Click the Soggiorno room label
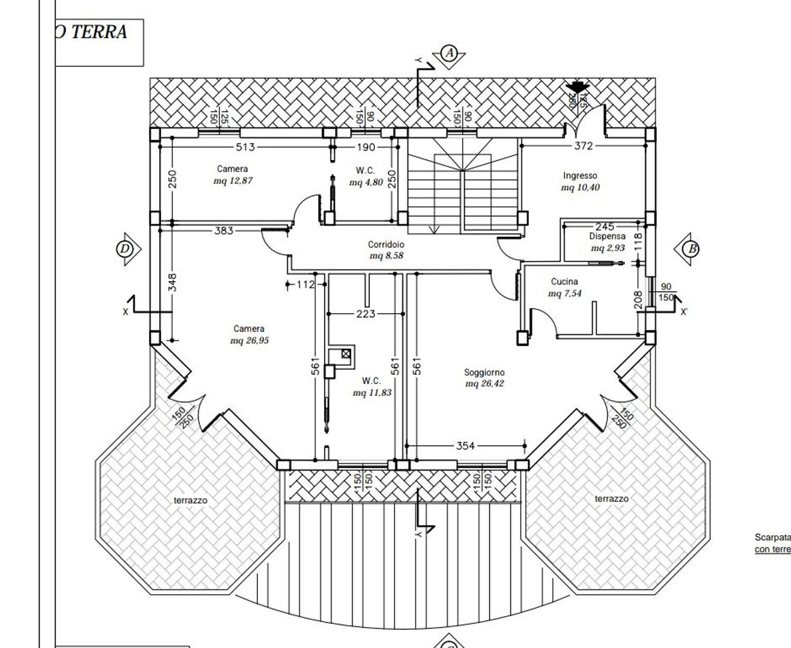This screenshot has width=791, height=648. (484, 372)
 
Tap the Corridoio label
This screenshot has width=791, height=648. (386, 245)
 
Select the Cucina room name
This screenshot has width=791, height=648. (564, 282)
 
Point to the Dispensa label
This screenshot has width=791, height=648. (607, 237)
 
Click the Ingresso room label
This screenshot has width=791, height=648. (580, 176)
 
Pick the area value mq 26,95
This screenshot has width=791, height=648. (249, 341)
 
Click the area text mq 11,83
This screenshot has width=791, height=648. (372, 393)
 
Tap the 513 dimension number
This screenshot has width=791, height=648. (245, 147)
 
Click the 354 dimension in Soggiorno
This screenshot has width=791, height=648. (465, 446)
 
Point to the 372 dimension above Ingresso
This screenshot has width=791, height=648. (583, 146)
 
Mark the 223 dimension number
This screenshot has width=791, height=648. (365, 314)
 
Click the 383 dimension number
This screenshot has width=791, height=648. (224, 230)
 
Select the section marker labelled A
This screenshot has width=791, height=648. (449, 53)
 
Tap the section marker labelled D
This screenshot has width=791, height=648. (125, 249)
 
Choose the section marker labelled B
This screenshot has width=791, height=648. (691, 248)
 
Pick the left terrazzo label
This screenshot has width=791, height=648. (190, 500)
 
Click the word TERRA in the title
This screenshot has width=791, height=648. (99, 32)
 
